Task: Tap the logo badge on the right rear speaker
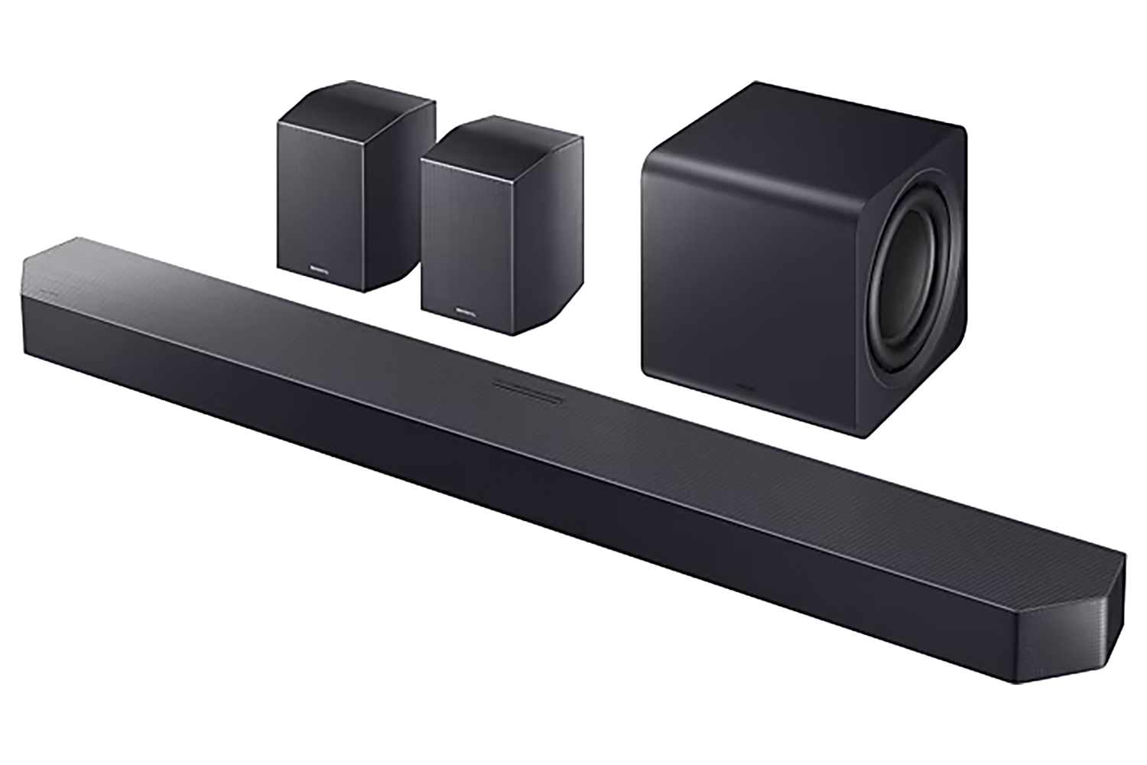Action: pyautogui.click(x=465, y=312)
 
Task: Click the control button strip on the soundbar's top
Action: pyautogui.click(x=528, y=391)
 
